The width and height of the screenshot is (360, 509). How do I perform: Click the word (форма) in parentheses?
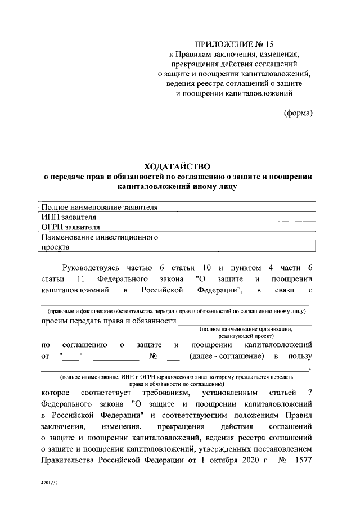[x=298, y=112]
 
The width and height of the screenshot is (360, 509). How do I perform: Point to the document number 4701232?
[x=49, y=483]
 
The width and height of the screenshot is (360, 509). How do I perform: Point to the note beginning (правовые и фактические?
[x=176, y=310]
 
